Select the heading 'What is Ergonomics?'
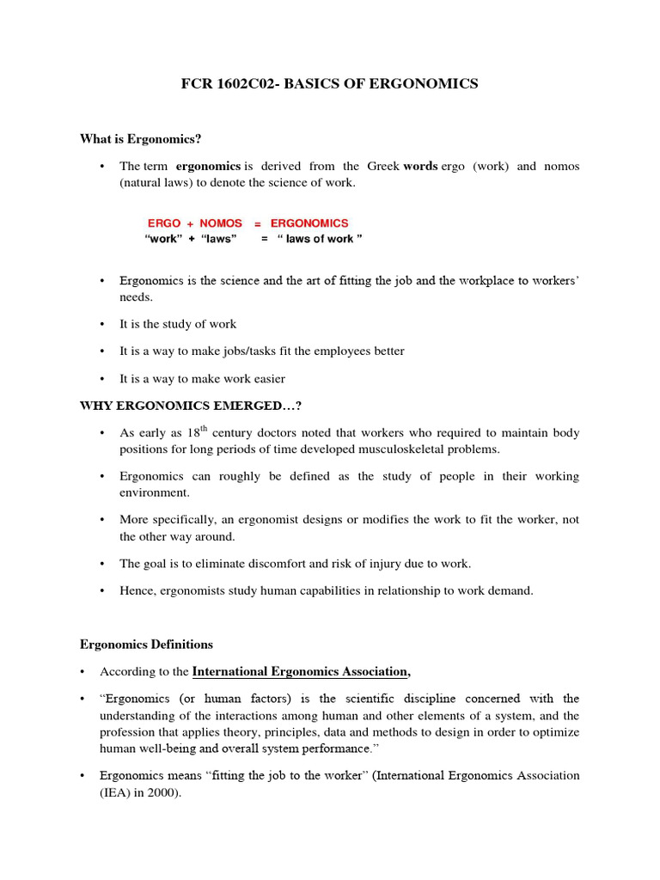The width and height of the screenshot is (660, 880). pos(140,138)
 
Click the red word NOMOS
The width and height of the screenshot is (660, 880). pos(221,223)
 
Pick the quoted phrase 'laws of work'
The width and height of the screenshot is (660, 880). pos(319,239)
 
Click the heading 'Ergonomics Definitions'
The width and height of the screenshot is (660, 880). pos(146,645)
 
